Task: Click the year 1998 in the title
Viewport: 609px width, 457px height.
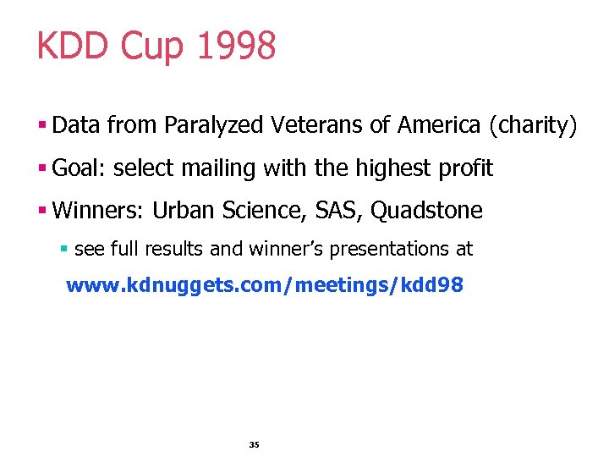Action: point(236,46)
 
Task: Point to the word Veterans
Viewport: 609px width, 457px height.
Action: point(319,125)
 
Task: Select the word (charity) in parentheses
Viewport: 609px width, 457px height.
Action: point(533,126)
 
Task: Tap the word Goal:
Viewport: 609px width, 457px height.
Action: point(79,168)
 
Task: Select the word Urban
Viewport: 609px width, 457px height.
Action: point(180,211)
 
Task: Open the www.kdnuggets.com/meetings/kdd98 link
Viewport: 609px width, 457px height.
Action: point(265,285)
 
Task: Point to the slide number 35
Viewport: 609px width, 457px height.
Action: point(255,444)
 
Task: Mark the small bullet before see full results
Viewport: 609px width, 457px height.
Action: point(64,250)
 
